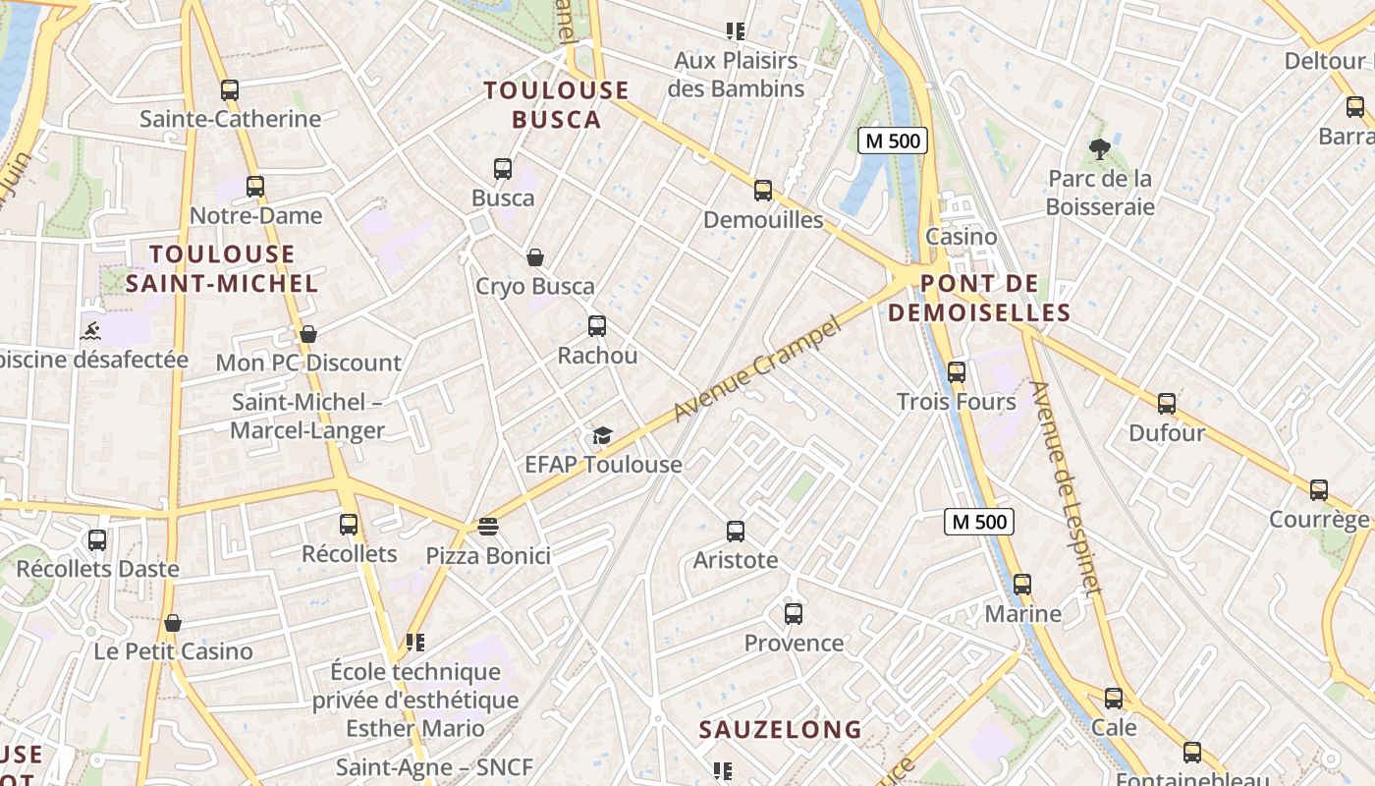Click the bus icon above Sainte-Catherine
tap(230, 90)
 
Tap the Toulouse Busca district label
tap(556, 105)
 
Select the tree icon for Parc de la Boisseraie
tap(1099, 149)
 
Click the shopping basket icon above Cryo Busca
tap(535, 257)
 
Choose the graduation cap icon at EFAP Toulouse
tap(601, 435)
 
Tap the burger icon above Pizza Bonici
tap(487, 527)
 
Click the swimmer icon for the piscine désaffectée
tap(91, 330)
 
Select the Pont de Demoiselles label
tap(994, 299)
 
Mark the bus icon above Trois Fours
tap(957, 372)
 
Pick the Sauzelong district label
tap(780, 730)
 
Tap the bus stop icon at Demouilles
tap(763, 191)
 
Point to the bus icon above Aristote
tap(736, 532)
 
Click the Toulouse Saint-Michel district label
tap(222, 269)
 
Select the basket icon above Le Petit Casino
tap(173, 623)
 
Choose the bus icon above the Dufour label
tap(1167, 404)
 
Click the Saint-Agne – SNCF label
tap(434, 767)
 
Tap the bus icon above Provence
tap(794, 614)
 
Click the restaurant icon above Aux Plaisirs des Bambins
tap(736, 31)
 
